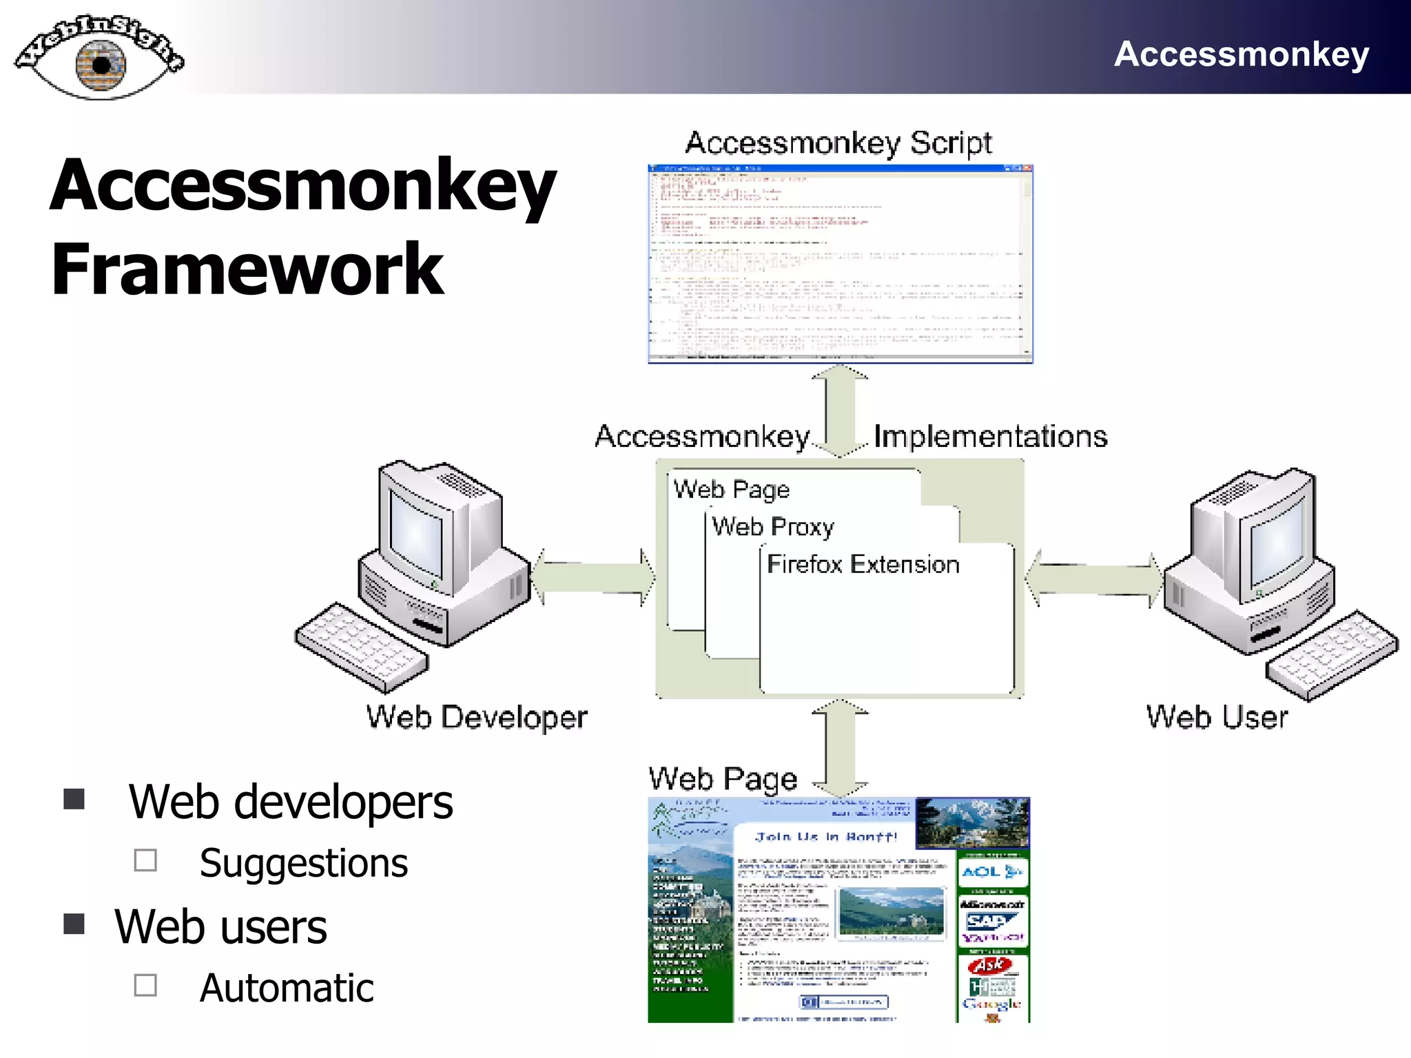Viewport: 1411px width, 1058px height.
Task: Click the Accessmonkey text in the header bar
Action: (1241, 54)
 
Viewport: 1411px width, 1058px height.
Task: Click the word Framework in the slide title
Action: (247, 270)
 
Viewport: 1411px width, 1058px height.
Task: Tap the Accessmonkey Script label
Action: (838, 143)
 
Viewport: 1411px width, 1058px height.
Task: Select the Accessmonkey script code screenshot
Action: (840, 264)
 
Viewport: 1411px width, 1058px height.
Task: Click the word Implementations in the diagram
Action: (990, 437)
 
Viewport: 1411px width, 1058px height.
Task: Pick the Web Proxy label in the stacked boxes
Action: (772, 527)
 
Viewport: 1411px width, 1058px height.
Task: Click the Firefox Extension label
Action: (863, 565)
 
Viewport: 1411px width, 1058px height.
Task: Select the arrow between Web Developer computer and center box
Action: (593, 577)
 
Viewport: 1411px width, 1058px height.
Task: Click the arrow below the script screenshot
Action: (840, 411)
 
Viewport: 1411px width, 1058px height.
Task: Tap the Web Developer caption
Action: (476, 718)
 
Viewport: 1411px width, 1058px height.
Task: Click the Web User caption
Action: (1216, 718)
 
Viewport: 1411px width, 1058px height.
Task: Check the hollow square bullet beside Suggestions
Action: (145, 860)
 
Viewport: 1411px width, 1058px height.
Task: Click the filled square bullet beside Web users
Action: (74, 923)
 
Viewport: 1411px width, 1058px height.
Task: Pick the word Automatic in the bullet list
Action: (287, 988)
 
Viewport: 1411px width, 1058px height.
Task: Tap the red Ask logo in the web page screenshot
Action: (989, 966)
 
